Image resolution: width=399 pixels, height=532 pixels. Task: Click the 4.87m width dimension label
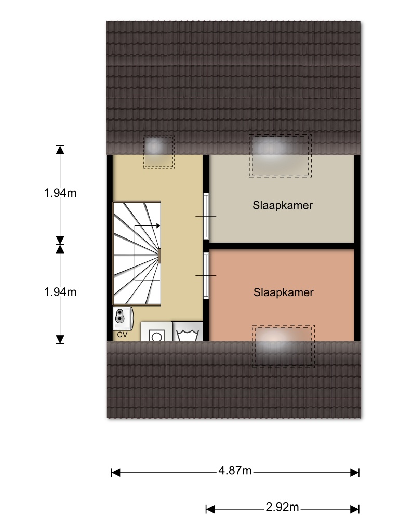(x=235, y=471)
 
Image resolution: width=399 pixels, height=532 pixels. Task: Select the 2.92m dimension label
(x=282, y=507)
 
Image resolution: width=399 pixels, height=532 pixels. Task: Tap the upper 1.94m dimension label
(x=60, y=193)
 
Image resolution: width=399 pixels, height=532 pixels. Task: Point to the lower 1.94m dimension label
(x=60, y=292)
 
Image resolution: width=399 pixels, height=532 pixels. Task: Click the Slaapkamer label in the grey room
(x=283, y=205)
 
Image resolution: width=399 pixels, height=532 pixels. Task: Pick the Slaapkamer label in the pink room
(x=283, y=292)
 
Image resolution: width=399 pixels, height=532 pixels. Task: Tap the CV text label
(x=122, y=335)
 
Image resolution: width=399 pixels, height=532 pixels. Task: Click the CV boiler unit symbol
(x=123, y=318)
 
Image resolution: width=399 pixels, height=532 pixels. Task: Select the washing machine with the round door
(x=156, y=331)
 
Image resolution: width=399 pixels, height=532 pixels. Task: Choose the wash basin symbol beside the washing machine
(x=188, y=331)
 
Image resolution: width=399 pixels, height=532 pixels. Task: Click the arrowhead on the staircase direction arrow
(x=158, y=225)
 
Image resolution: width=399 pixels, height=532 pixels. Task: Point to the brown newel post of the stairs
(x=159, y=256)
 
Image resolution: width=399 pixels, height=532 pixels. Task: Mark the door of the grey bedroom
(x=206, y=216)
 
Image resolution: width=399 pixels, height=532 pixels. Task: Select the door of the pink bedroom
(x=206, y=275)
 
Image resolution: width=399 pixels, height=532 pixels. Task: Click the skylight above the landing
(x=159, y=152)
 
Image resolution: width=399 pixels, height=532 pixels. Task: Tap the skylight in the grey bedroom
(x=280, y=155)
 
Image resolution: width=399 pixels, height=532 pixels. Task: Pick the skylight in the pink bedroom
(x=283, y=347)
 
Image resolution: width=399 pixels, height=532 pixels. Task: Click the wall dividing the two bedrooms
(x=282, y=246)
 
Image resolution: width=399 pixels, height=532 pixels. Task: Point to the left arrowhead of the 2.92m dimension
(x=210, y=509)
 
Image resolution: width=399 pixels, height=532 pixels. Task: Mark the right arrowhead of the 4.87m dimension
(x=355, y=473)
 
